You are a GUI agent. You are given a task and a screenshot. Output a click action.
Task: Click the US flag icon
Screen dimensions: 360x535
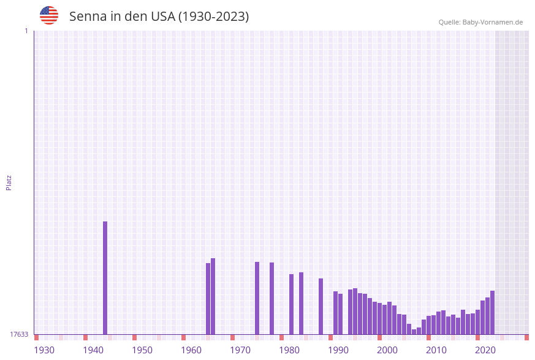(49, 15)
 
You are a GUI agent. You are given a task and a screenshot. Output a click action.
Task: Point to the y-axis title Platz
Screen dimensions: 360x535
(9, 182)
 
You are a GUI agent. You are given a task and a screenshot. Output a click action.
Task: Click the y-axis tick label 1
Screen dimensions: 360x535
(26, 31)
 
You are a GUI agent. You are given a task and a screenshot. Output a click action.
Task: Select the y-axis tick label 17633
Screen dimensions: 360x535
(19, 334)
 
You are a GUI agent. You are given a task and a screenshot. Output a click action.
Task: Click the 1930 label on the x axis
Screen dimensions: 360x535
(44, 350)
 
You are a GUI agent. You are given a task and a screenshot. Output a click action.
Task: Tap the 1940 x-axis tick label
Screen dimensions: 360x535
(93, 350)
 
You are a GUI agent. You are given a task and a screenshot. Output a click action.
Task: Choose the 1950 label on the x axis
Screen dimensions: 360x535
(142, 350)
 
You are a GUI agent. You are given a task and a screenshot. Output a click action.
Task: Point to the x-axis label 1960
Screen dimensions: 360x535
(191, 350)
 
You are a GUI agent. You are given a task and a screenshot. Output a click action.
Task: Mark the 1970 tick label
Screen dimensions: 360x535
(240, 350)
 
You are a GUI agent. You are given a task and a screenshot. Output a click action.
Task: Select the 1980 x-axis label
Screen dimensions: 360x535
(289, 350)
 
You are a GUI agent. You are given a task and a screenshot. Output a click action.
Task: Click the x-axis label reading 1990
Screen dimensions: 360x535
(338, 350)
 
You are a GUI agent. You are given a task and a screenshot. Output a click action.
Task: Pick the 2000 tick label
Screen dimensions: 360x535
(387, 350)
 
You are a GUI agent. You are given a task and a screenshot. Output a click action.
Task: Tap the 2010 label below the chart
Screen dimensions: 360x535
(436, 350)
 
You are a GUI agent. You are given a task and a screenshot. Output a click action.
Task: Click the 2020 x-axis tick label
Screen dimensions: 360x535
(485, 350)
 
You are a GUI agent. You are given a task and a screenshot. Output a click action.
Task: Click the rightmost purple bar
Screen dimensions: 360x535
(492, 312)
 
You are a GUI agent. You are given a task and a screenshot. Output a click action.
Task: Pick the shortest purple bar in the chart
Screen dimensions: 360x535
(414, 332)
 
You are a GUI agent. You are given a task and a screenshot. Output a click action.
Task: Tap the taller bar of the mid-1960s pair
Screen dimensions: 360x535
(213, 296)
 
